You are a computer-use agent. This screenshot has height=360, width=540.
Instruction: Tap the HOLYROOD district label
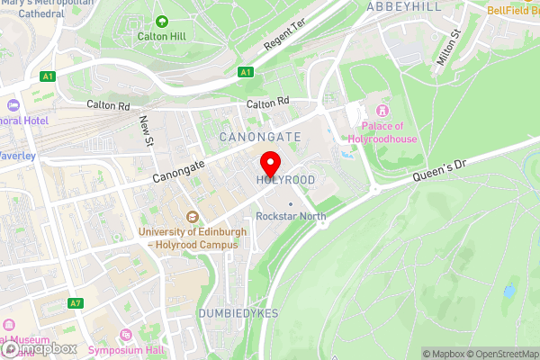pos(285,181)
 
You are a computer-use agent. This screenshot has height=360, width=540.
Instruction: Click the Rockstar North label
pos(291,216)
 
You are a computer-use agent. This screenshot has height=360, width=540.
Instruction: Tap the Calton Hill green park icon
pos(162,21)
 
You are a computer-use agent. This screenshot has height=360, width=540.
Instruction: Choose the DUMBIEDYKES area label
pos(238,312)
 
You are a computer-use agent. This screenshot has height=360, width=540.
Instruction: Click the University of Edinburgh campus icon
pos(192,217)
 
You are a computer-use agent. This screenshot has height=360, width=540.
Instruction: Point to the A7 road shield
pos(76,303)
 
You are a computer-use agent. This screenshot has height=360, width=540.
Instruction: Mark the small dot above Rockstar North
pos(291,203)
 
